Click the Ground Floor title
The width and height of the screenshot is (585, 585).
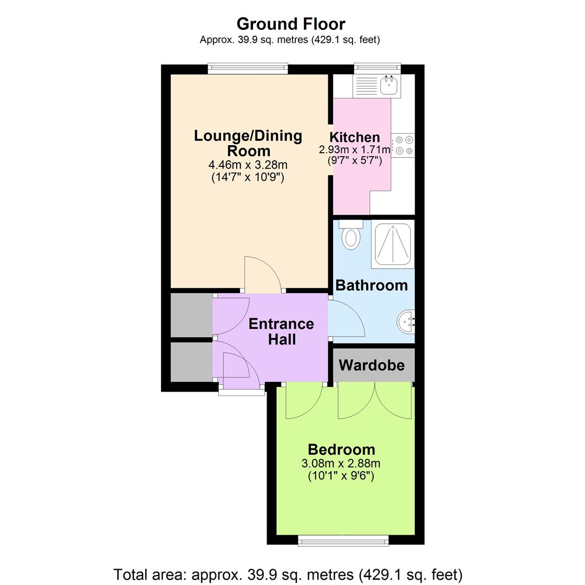[x=291, y=24]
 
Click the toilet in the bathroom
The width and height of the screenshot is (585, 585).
[x=350, y=235]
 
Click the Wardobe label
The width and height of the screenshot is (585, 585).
[x=372, y=365]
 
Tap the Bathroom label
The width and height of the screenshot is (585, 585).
[x=372, y=285]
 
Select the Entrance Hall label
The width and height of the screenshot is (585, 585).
[x=281, y=331]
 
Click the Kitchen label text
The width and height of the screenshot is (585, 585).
[x=354, y=137]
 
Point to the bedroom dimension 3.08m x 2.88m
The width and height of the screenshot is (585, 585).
[x=341, y=464]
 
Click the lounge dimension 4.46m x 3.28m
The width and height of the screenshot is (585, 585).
[x=248, y=165]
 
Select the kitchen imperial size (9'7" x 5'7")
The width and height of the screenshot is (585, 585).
[x=355, y=161]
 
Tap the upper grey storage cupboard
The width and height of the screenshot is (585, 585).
[x=191, y=315]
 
